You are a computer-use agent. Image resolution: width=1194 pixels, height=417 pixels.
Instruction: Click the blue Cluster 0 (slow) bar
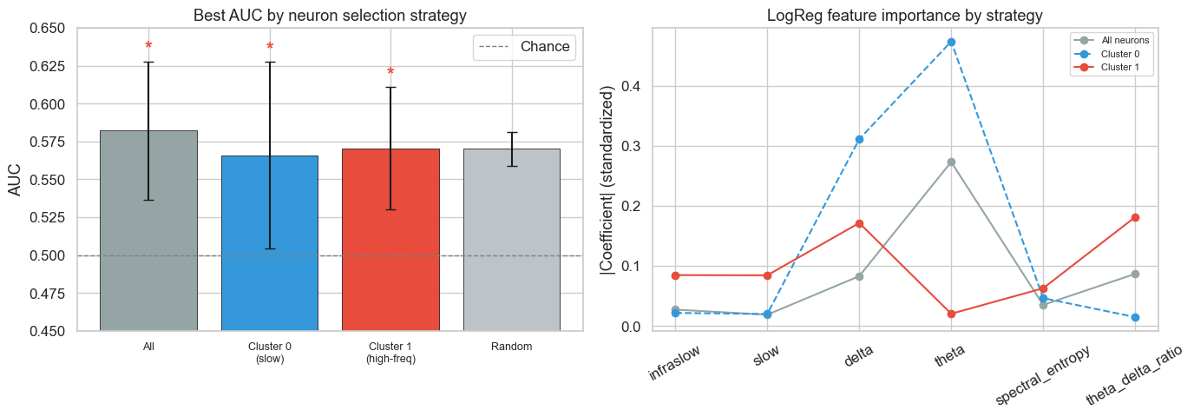click(x=269, y=243)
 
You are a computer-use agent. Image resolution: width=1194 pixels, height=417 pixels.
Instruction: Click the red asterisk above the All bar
click(x=148, y=47)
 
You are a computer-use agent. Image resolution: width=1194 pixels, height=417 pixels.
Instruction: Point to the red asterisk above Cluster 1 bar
click(x=390, y=73)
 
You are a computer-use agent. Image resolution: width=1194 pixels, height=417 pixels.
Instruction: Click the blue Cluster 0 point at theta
click(x=951, y=42)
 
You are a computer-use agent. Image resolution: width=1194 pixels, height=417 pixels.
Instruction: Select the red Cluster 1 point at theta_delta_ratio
click(x=1135, y=217)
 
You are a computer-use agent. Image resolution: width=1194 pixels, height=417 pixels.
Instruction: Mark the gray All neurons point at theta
click(x=951, y=162)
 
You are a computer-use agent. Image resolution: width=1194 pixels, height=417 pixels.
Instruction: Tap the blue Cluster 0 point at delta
click(x=859, y=139)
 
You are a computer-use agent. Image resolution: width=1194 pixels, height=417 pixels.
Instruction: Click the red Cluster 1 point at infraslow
click(x=675, y=275)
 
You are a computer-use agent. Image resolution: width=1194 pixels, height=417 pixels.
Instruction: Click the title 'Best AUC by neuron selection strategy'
click(x=330, y=15)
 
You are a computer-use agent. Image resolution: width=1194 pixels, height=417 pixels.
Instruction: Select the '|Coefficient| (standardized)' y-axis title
click(x=607, y=181)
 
